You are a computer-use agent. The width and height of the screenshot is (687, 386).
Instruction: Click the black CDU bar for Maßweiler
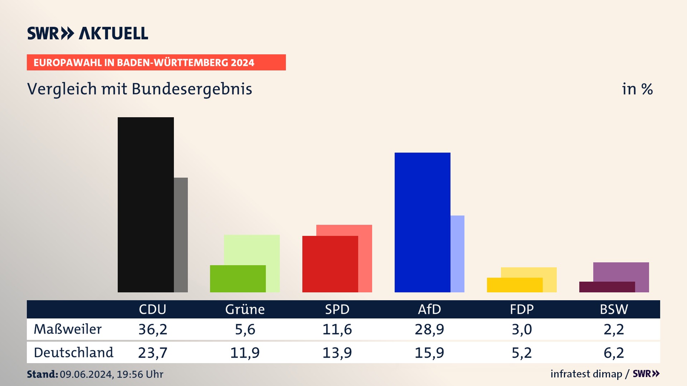pos(146,204)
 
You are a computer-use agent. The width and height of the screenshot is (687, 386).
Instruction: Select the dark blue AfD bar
pos(422,222)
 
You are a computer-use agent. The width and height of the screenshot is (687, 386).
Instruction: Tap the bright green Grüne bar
pos(238,279)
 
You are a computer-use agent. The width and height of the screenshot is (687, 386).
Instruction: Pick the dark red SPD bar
pos(330,264)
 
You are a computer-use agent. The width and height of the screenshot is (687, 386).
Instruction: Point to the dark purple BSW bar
pos(607,287)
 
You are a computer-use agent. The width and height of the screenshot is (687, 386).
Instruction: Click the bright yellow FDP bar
pos(515,285)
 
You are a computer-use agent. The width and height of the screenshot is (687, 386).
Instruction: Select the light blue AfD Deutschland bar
pos(457,254)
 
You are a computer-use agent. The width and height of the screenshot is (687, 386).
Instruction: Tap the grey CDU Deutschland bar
pos(181,235)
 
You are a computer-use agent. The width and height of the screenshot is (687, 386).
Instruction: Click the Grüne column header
pos(245,310)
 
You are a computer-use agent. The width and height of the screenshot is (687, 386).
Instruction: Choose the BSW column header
pos(614,310)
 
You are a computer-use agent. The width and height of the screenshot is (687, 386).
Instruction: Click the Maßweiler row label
pos(68,329)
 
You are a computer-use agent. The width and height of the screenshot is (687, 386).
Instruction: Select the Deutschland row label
pos(73,353)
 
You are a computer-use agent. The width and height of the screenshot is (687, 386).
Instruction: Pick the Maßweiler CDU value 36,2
pos(153,329)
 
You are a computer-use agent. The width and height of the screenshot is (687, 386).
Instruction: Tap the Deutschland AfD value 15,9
pos(429,353)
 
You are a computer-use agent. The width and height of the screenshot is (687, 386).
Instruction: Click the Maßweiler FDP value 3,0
pos(522,329)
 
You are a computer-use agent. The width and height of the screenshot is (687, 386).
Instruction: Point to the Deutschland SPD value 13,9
pos(337,353)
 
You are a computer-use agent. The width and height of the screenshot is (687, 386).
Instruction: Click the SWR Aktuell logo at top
pos(88,33)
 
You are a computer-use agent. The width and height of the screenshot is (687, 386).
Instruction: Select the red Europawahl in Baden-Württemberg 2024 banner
pos(156,63)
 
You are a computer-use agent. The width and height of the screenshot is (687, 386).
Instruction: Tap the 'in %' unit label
pos(637,89)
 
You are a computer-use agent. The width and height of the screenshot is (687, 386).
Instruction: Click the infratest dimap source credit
pos(586,374)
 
